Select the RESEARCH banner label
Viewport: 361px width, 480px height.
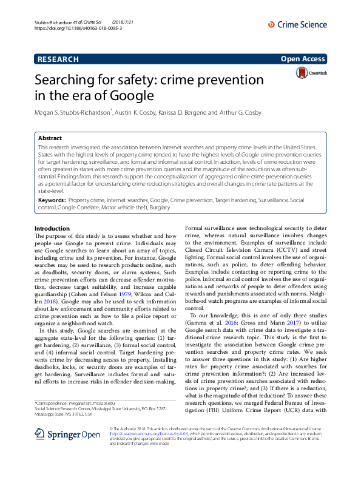[58, 59]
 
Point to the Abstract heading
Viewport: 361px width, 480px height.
[50, 138]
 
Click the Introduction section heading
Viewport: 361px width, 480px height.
[52, 229]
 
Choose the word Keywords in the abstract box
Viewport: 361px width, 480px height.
[52, 200]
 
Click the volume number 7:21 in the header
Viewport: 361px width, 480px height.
[143, 21]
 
